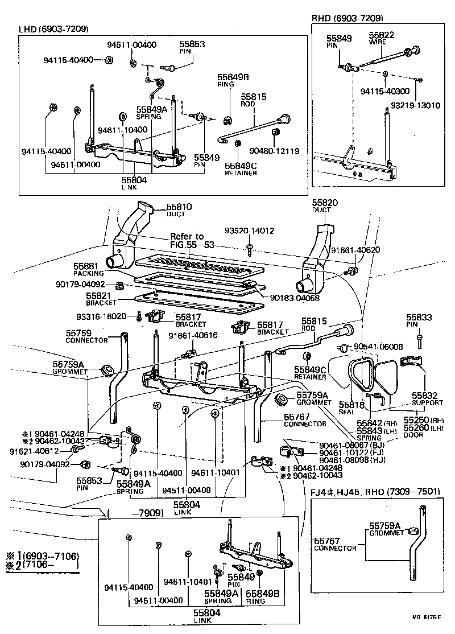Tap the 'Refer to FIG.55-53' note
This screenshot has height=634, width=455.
pos(187,241)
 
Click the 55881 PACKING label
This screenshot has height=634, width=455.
pos(86,269)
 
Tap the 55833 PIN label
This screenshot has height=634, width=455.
pos(419,321)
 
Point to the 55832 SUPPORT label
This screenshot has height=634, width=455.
pos(428,398)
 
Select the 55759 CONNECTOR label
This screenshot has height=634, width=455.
pos(86,336)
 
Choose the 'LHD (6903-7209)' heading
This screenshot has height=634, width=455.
pos(53,29)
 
